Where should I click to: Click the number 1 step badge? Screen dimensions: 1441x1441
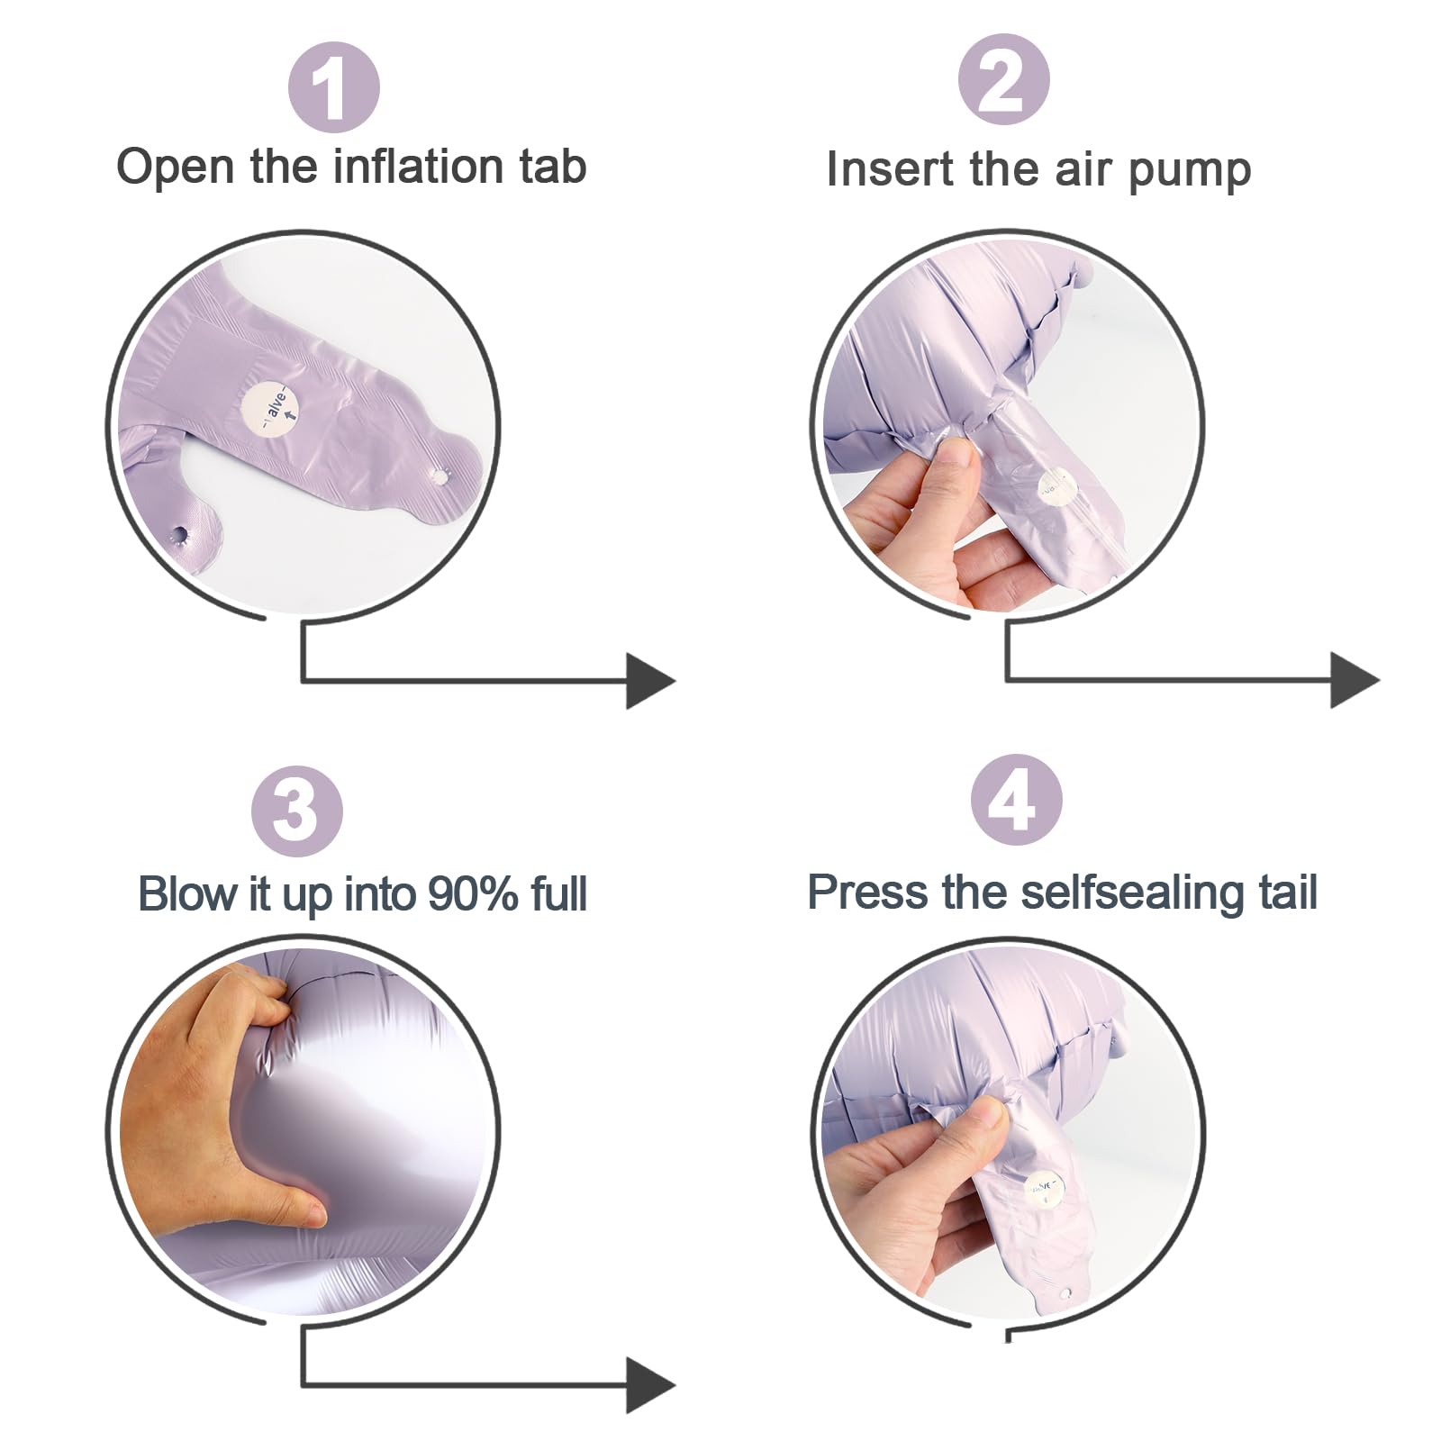tap(333, 87)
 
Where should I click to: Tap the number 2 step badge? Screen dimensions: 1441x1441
tap(1003, 80)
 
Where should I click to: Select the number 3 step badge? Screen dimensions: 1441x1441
tap(296, 811)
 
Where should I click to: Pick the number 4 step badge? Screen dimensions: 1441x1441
tap(1017, 801)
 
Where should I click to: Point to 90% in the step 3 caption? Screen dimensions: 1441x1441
tap(473, 893)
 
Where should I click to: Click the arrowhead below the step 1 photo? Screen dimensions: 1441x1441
tap(650, 681)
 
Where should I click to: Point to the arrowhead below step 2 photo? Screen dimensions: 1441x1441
tap(1355, 681)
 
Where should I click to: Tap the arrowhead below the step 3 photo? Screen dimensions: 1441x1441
tap(650, 1384)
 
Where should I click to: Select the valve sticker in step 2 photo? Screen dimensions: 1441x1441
tap(1057, 488)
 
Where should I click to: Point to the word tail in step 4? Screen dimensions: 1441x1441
tap(1288, 893)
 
